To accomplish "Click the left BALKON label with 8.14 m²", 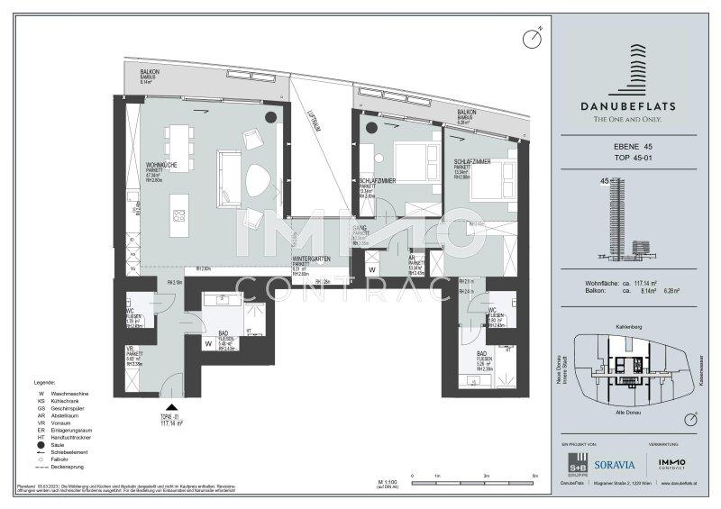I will pyautogui.click(x=151, y=76).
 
